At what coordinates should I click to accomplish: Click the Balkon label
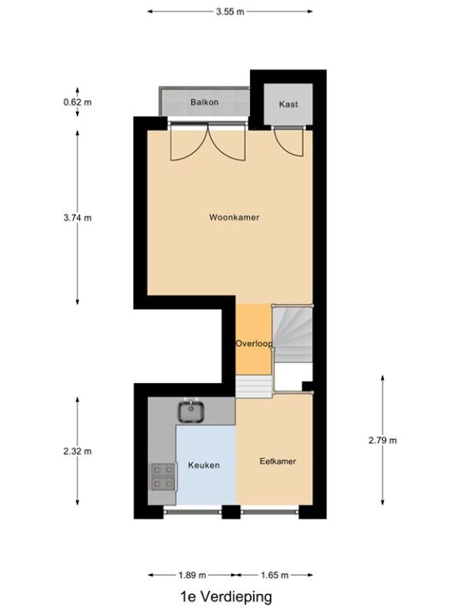(204, 102)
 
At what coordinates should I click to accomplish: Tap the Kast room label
(288, 104)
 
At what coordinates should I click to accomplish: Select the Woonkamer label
(235, 218)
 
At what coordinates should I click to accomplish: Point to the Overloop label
(254, 343)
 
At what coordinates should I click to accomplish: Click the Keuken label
(204, 465)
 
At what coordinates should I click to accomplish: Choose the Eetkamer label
(278, 461)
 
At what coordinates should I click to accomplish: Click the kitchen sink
(191, 411)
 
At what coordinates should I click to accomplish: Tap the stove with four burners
(163, 477)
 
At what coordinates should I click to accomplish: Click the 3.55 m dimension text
(230, 11)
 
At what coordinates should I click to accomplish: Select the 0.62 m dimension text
(77, 103)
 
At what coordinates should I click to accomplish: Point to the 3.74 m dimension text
(77, 218)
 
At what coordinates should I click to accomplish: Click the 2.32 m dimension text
(77, 451)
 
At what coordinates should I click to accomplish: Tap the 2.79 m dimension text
(383, 441)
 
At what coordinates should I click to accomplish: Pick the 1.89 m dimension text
(192, 575)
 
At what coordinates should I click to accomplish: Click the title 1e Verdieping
(226, 597)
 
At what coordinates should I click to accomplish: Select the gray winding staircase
(293, 334)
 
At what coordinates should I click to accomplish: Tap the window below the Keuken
(192, 511)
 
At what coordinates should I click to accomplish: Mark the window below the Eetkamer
(270, 511)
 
